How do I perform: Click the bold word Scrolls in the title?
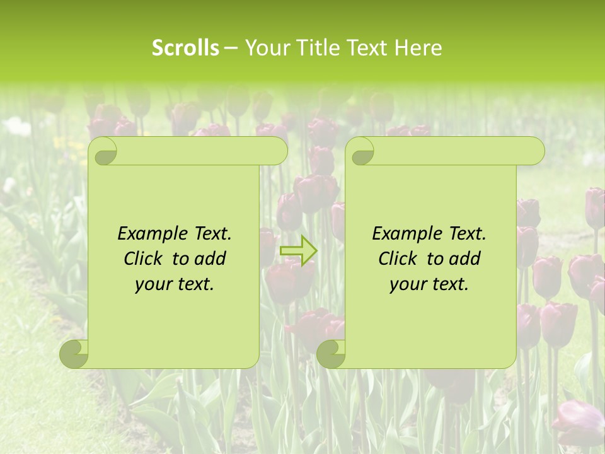(186, 48)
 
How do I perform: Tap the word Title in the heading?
(314, 48)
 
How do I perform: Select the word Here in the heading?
(418, 48)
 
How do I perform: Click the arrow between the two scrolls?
(298, 250)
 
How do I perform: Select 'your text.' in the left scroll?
(175, 284)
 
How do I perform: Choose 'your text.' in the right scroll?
(429, 284)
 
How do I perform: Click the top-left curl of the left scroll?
(103, 151)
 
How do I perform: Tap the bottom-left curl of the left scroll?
(74, 354)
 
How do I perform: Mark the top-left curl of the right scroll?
(360, 151)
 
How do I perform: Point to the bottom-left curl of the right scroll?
(331, 354)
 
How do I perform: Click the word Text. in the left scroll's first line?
(210, 233)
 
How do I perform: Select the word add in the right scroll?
(466, 259)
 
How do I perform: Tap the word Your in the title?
(268, 48)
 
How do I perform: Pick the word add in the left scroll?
(212, 259)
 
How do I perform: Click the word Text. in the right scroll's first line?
(465, 233)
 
